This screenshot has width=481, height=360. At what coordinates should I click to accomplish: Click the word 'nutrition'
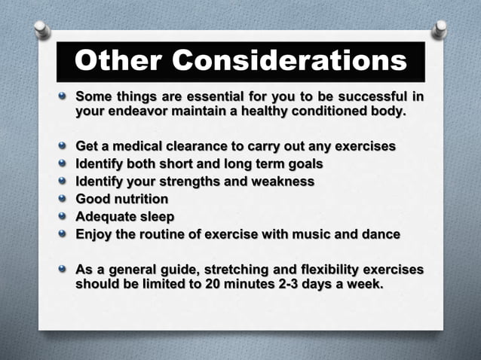click(x=142, y=199)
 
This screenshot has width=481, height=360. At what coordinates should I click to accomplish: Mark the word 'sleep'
click(x=155, y=217)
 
